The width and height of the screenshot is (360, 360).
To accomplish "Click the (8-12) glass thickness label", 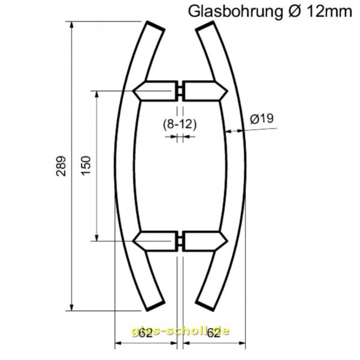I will tap(179, 124).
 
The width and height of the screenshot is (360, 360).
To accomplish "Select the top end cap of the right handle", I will tap(204, 27).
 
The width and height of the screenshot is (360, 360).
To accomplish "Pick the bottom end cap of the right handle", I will tap(204, 307).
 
